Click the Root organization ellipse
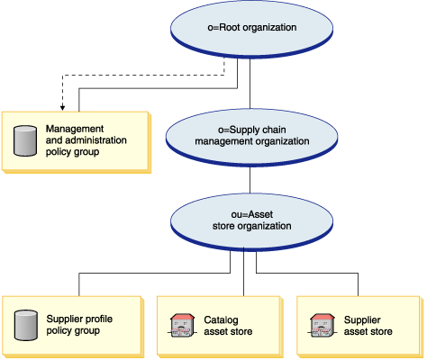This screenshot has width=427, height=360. click(x=251, y=29)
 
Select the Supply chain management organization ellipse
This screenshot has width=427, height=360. click(x=251, y=138)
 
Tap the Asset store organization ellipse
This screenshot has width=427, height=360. click(x=251, y=222)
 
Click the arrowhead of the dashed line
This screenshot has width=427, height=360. click(x=62, y=107)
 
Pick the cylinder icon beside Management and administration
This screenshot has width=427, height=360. click(x=25, y=141)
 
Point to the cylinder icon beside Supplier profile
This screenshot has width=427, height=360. click(x=26, y=326)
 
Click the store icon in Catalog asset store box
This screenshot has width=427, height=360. click(x=182, y=326)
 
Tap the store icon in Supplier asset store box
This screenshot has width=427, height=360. click(x=322, y=326)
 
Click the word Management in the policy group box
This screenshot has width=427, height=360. click(x=75, y=129)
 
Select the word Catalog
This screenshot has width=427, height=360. click(x=221, y=320)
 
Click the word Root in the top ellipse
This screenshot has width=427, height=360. click(x=230, y=27)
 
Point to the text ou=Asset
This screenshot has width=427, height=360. click(x=252, y=214)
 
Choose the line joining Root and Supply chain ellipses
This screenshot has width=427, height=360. click(x=250, y=84)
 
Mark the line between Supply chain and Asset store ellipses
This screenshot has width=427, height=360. click(x=250, y=180)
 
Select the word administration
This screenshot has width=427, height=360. click(x=95, y=140)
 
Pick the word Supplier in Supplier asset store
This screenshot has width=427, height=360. click(x=362, y=320)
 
